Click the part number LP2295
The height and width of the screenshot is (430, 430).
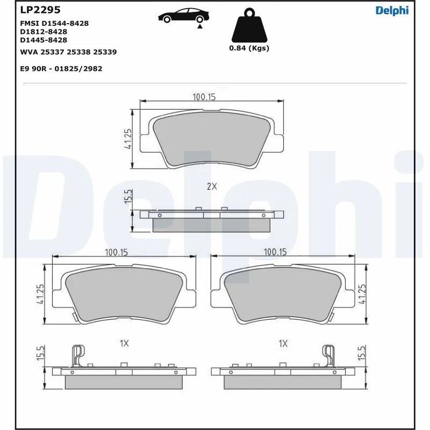(40, 10)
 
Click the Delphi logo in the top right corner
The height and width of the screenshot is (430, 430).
(392, 11)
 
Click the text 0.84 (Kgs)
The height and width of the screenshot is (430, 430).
(249, 48)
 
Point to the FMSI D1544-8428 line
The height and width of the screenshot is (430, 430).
(54, 24)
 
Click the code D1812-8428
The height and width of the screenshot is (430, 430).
(44, 32)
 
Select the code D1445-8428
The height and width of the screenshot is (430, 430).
(44, 40)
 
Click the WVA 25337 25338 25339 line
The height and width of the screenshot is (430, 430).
(68, 52)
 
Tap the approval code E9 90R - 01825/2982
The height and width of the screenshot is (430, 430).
(61, 69)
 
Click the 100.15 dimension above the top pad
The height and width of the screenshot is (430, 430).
(204, 97)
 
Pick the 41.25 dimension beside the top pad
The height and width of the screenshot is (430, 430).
(128, 139)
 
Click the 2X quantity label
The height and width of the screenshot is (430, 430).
(212, 187)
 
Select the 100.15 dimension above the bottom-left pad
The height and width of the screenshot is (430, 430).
(116, 252)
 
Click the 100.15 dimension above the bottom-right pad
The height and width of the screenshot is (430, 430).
(275, 252)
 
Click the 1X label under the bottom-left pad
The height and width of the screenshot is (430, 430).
(124, 342)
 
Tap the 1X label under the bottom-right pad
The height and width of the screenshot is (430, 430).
(283, 342)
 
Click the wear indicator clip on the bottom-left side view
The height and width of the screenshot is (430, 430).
(78, 356)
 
